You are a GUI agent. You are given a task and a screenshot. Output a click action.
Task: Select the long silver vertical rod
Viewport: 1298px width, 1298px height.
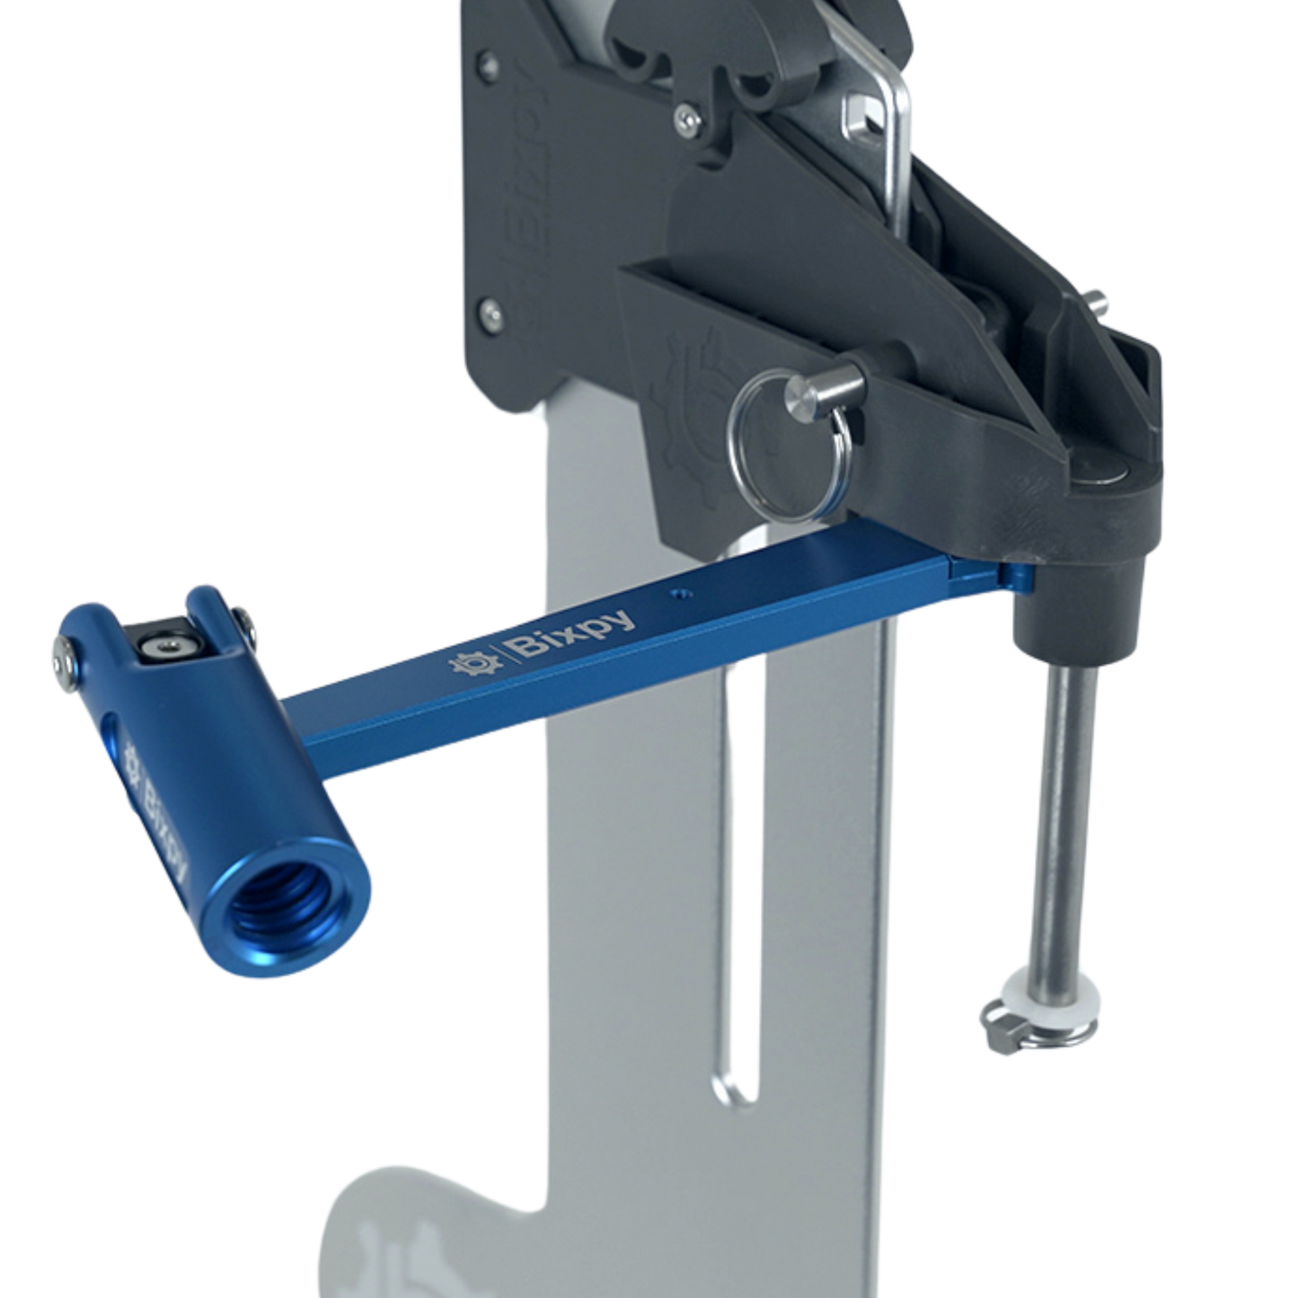pos(1064,808)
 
